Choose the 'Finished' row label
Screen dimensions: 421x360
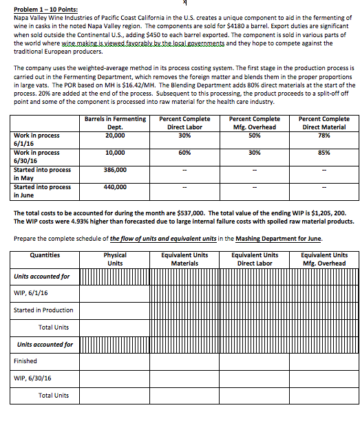pos(25,360)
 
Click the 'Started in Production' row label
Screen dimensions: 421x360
pos(43,310)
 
